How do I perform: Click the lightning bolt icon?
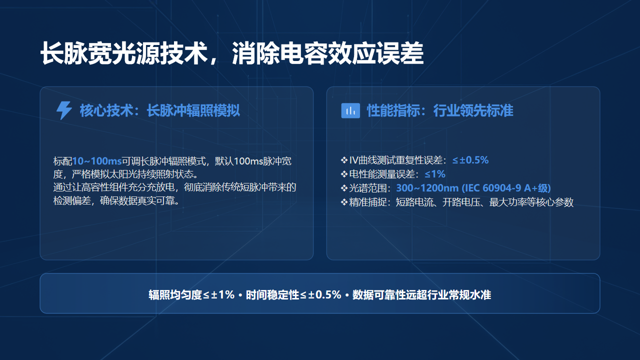64,110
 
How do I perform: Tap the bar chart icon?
350,110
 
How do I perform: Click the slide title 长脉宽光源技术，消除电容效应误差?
231,53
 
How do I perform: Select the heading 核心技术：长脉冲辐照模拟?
159,110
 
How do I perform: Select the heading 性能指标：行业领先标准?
440,110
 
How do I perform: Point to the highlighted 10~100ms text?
97,161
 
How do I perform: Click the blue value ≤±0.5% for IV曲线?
470,160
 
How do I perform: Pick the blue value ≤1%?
435,174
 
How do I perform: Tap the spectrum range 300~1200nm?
427,188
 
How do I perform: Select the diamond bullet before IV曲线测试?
344,160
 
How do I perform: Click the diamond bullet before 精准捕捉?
344,202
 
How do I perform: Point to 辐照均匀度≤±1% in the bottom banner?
191,295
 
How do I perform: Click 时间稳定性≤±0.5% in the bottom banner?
293,295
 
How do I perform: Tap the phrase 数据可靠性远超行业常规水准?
421,295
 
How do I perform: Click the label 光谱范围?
367,188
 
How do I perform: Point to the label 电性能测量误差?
381,174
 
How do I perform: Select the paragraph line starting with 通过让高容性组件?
174,187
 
